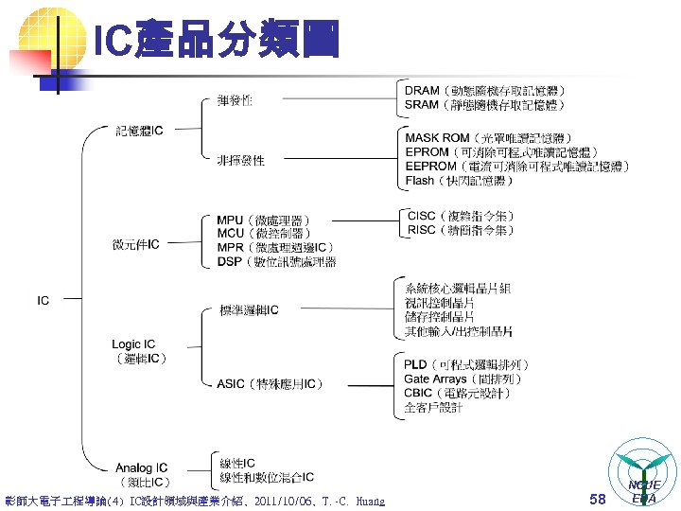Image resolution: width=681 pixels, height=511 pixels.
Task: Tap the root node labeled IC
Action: click(44, 301)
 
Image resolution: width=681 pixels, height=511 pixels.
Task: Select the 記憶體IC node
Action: click(140, 130)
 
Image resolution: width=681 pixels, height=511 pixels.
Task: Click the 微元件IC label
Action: click(136, 244)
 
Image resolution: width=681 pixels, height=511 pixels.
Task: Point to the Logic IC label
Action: click(133, 344)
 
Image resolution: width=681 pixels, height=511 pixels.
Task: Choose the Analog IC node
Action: click(141, 467)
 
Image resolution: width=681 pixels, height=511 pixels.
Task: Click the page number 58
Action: click(597, 499)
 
